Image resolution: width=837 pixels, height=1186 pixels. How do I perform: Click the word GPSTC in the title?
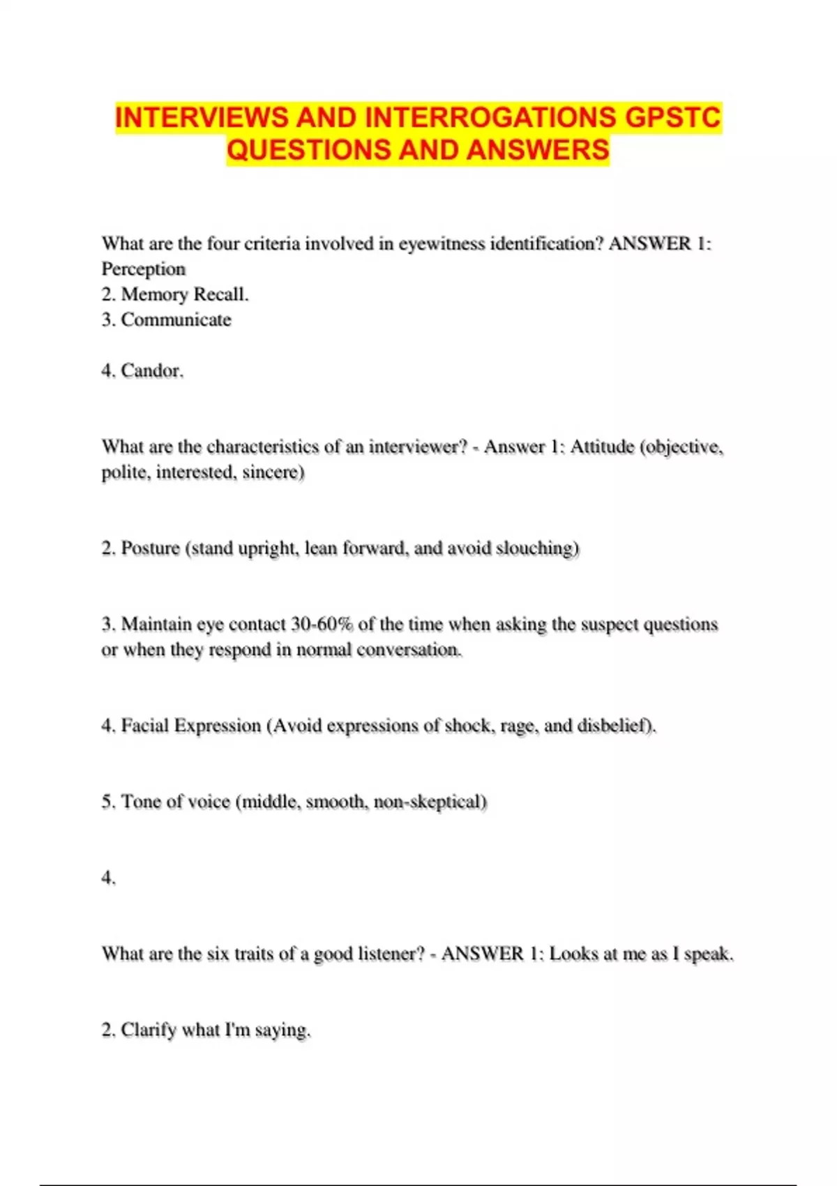pyautogui.click(x=672, y=117)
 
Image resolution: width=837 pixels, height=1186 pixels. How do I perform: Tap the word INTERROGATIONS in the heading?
pyautogui.click(x=490, y=117)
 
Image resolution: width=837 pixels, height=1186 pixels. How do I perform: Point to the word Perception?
pyautogui.click(x=144, y=269)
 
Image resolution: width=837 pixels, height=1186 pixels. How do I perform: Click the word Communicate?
pyautogui.click(x=176, y=320)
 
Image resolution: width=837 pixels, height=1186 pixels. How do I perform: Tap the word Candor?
pyautogui.click(x=152, y=370)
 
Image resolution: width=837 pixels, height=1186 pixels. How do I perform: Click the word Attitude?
pyautogui.click(x=602, y=446)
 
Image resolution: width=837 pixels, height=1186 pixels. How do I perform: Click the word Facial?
pyautogui.click(x=145, y=726)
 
